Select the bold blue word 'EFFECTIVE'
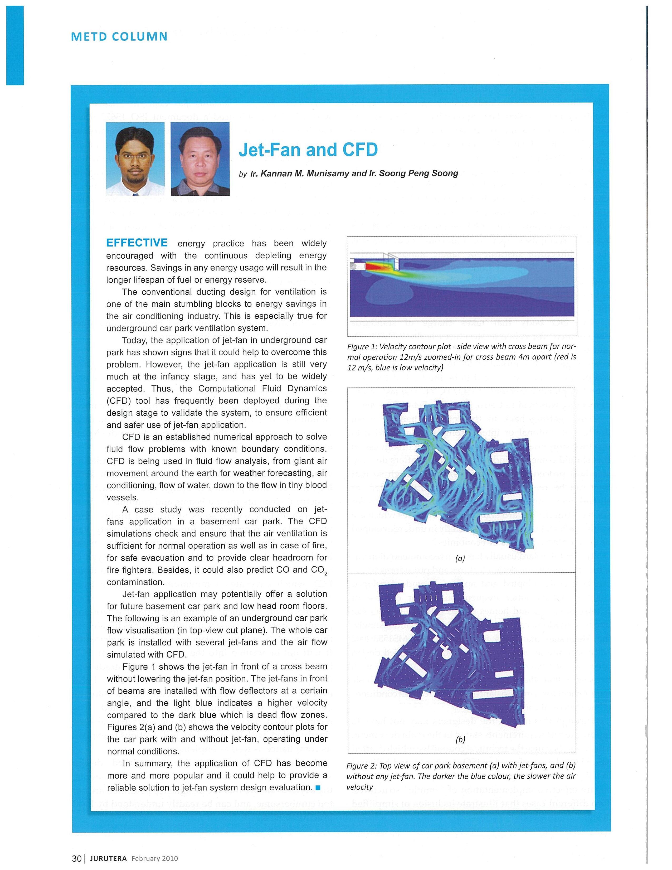137,243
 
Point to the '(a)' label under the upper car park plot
460,558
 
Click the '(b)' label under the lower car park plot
460,740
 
